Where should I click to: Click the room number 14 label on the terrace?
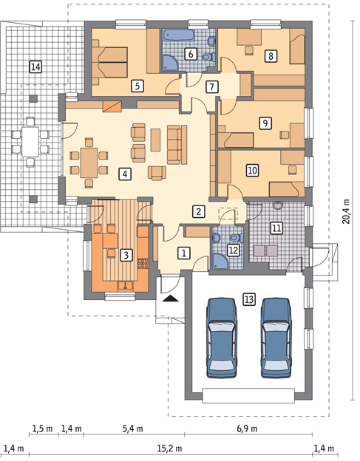(x=35, y=66)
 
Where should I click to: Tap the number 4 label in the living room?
(x=125, y=174)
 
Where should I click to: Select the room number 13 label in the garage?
(x=248, y=299)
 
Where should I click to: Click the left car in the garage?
(x=222, y=338)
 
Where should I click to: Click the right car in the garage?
(x=276, y=338)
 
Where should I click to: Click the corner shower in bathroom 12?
(x=220, y=262)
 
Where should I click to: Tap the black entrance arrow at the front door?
(x=170, y=298)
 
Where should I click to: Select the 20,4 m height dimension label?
(x=347, y=211)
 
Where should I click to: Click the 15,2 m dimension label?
(x=169, y=448)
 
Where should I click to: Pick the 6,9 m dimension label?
(x=247, y=428)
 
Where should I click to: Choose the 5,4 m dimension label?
(x=133, y=428)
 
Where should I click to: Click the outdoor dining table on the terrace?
(x=30, y=142)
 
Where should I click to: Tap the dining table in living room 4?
(x=89, y=163)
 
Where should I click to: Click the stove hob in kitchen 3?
(x=143, y=264)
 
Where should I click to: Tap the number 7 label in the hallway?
(x=211, y=86)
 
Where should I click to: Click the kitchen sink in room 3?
(x=126, y=285)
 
